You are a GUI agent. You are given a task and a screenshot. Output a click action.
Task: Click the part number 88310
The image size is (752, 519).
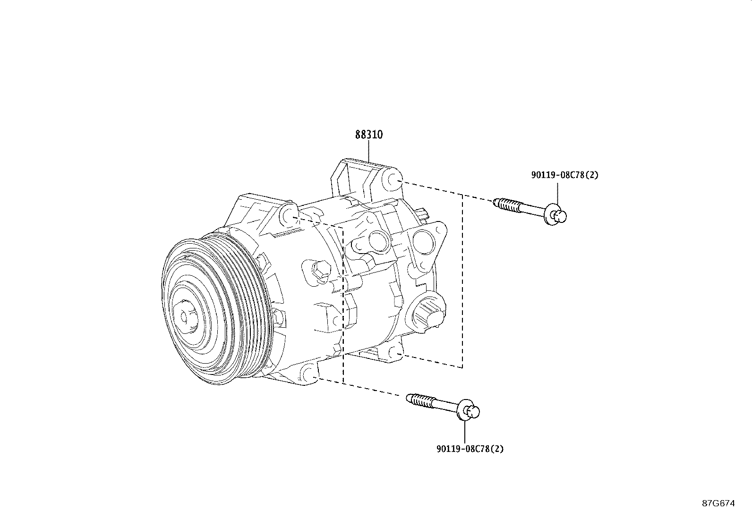[x=369, y=135]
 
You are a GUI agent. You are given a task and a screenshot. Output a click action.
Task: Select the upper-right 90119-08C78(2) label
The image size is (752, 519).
[x=564, y=175]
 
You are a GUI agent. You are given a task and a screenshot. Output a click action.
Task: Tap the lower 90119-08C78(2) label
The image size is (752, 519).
[x=470, y=449]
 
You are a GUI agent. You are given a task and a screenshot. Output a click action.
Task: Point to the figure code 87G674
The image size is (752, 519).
[x=718, y=503]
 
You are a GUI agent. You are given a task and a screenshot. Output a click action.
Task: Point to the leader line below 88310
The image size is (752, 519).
[x=369, y=151]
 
